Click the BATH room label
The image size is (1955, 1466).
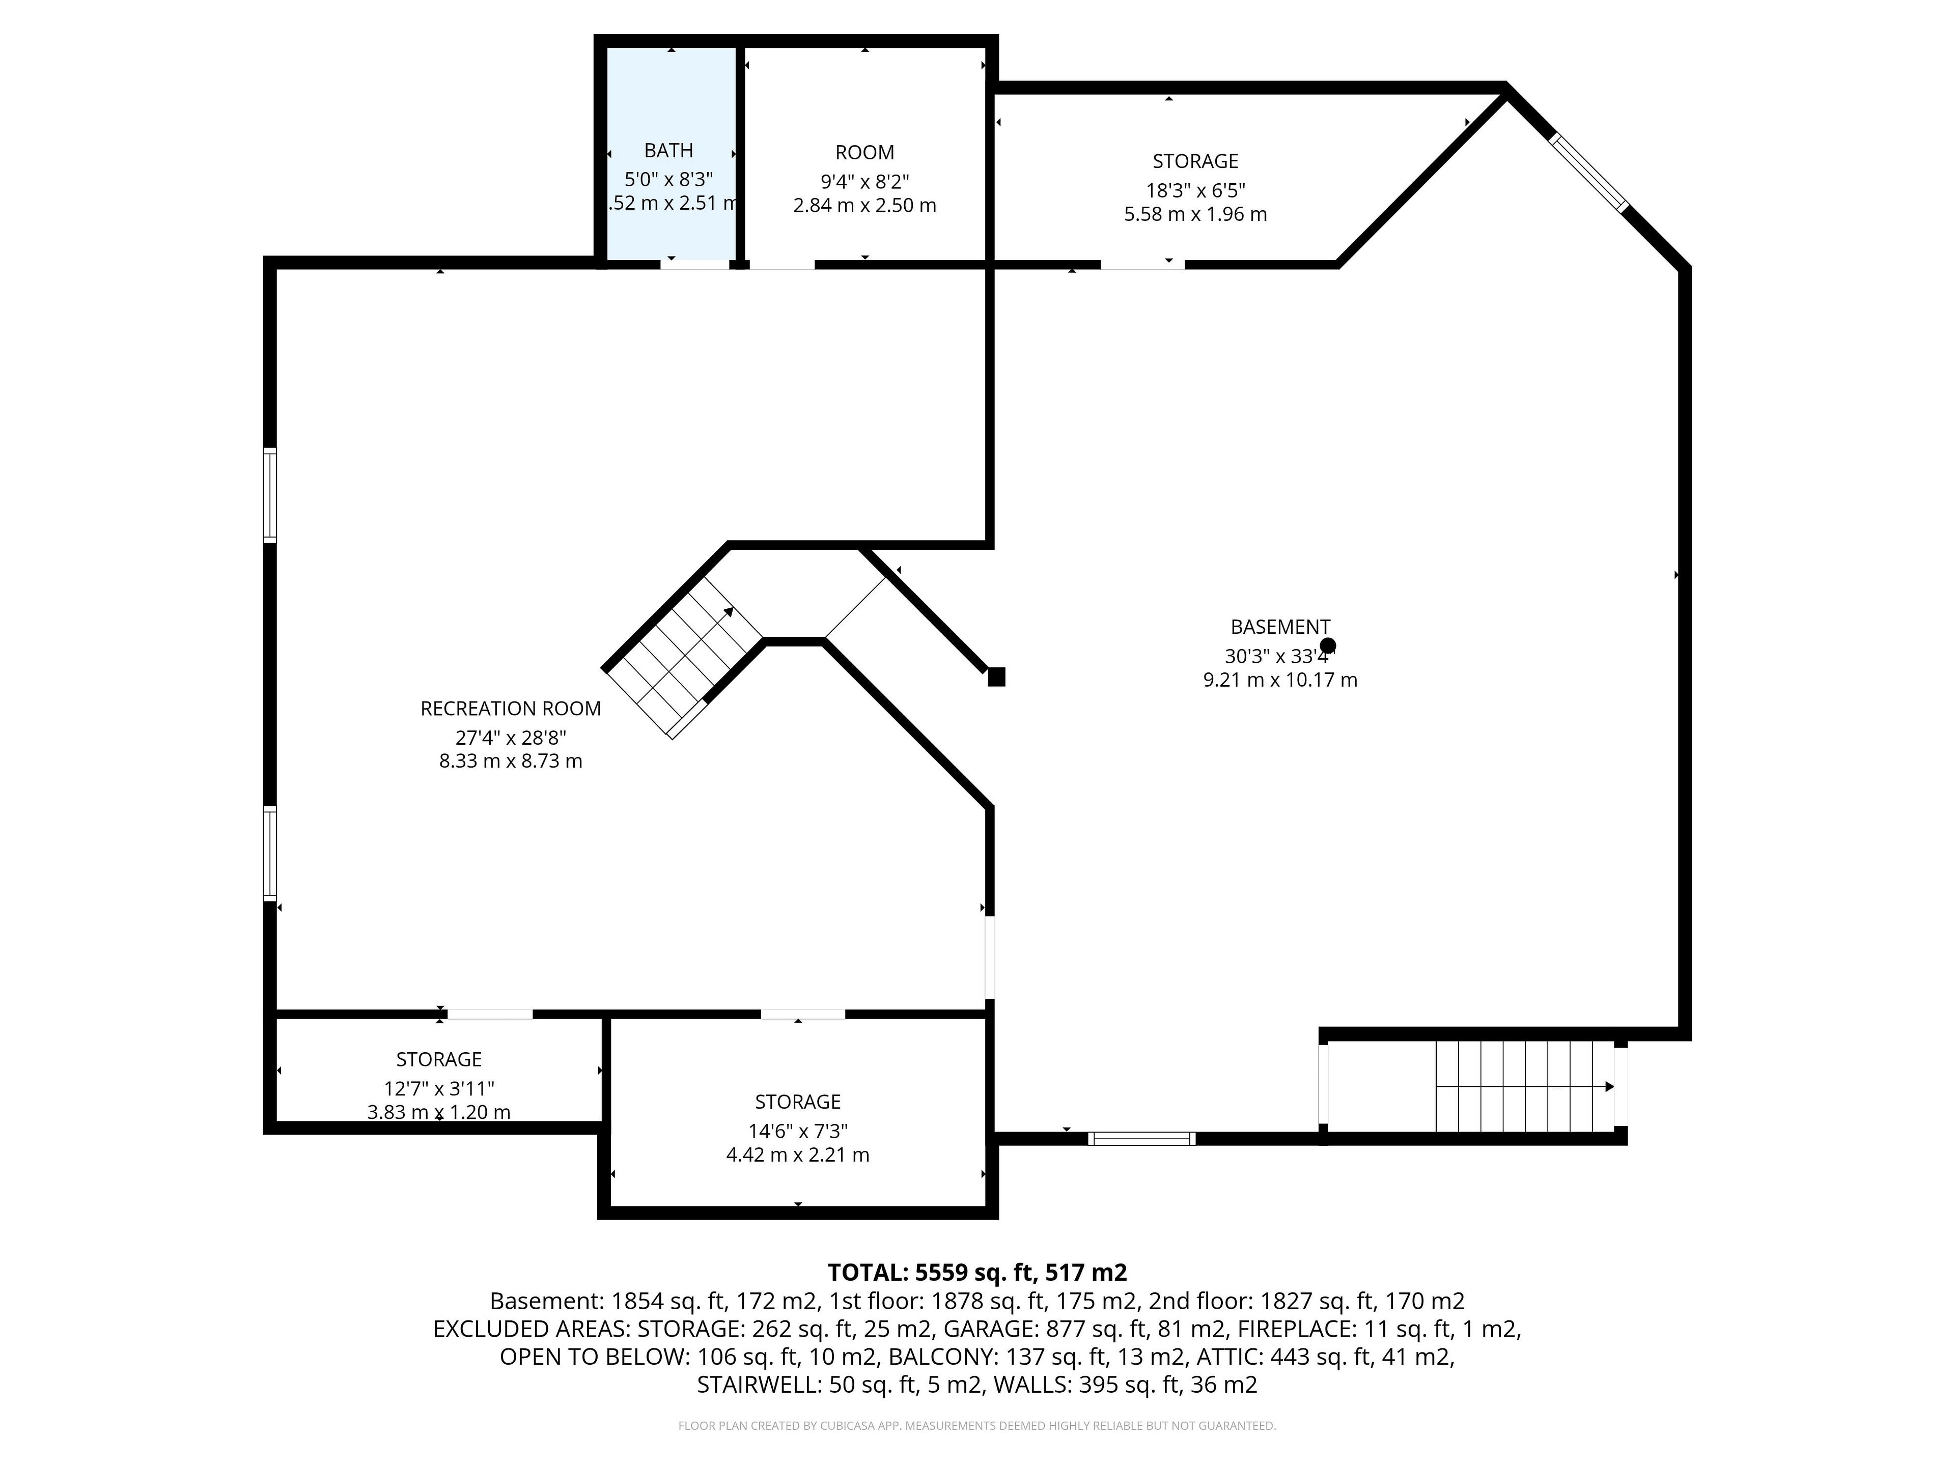tap(668, 151)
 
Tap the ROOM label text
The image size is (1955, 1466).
tap(864, 153)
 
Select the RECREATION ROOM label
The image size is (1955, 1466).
tap(511, 709)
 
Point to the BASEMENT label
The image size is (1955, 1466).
tap(1280, 628)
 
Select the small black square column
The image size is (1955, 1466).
tap(996, 677)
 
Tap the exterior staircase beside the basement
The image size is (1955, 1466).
tap(1525, 1087)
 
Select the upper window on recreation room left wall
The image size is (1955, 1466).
tap(269, 495)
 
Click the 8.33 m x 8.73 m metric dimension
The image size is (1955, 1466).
tap(511, 762)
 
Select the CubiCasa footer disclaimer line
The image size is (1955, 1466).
tap(976, 1425)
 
